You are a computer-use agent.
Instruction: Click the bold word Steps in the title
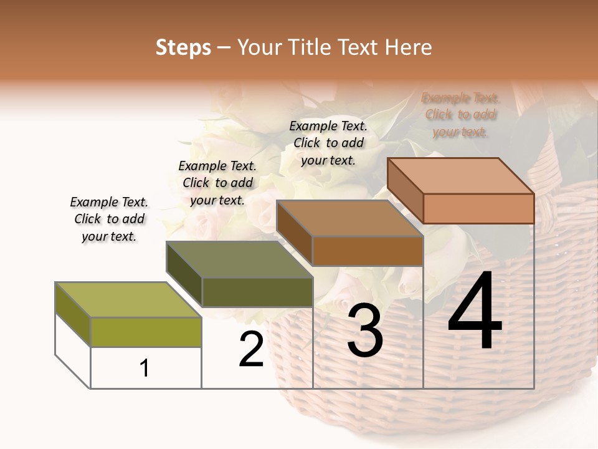183,47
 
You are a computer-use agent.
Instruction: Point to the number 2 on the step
252,349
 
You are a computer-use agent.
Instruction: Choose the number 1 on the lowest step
145,369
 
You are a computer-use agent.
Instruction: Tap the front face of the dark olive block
257,292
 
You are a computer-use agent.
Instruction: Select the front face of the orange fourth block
478,208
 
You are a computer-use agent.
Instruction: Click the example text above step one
109,220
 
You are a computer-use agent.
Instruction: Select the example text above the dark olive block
217,183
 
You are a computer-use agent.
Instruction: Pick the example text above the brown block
328,143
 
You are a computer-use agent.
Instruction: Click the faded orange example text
460,115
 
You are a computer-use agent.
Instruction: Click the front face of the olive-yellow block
146,332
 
